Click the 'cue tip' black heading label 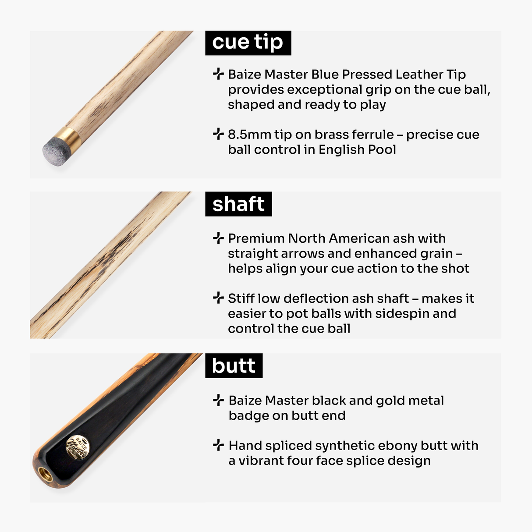click(x=248, y=43)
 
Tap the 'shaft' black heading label click(x=238, y=204)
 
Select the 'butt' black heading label click(x=234, y=366)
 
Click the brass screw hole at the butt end click(x=45, y=474)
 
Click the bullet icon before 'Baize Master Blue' click(x=218, y=74)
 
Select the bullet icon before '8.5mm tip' click(x=218, y=134)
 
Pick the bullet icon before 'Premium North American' click(x=218, y=238)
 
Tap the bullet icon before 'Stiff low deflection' click(x=218, y=298)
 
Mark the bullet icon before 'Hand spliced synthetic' click(x=218, y=445)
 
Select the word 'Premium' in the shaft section click(x=256, y=238)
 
